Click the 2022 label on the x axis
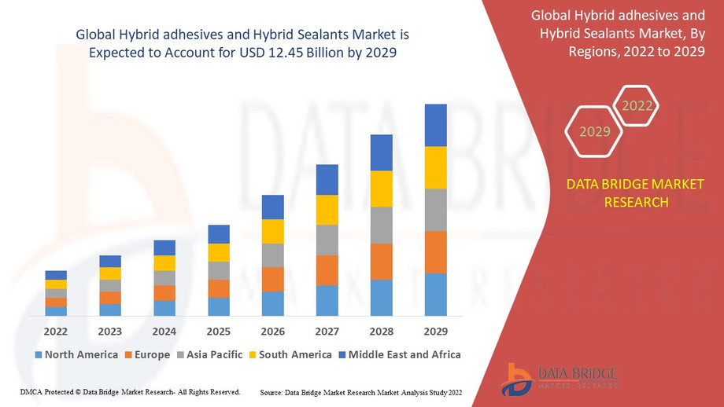[56, 332]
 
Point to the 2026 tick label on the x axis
[273, 332]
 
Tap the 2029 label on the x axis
[435, 332]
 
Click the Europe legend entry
[146, 354]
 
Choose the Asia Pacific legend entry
[209, 354]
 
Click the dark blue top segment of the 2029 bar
[435, 125]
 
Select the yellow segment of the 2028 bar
[382, 189]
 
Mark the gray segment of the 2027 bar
[327, 240]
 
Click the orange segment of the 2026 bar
[273, 279]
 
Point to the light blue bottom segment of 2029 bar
[435, 295]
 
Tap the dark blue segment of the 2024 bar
[164, 247]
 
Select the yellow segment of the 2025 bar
[219, 252]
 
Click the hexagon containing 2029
[595, 131]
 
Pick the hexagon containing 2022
[636, 106]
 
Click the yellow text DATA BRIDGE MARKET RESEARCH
[636, 192]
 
